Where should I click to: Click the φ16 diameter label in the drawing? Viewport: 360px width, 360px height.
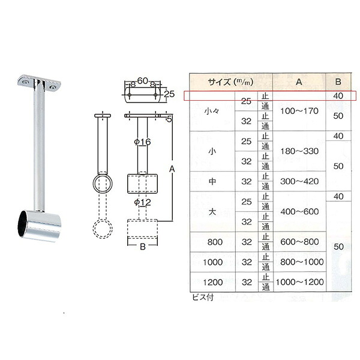pyautogui.click(x=142, y=142)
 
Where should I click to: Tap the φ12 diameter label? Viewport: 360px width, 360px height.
pyautogui.click(x=142, y=202)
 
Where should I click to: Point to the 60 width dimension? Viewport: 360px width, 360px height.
pyautogui.click(x=142, y=81)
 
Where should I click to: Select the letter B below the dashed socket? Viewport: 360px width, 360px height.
pyautogui.click(x=143, y=247)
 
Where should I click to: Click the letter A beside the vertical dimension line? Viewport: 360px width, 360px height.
pyautogui.click(x=172, y=169)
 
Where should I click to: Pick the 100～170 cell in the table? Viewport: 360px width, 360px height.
pyautogui.click(x=299, y=111)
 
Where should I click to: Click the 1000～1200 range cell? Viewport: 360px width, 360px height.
pyautogui.click(x=299, y=282)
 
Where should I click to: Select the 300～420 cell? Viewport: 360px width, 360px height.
pyautogui.click(x=299, y=181)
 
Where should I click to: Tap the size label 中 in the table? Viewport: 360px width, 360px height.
pyautogui.click(x=212, y=181)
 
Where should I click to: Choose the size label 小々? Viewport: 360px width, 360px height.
pyautogui.click(x=212, y=111)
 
